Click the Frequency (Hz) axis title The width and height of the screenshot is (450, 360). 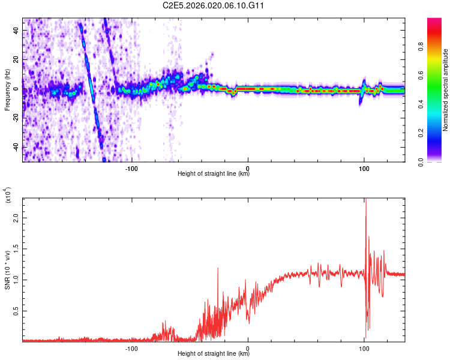(x=7, y=90)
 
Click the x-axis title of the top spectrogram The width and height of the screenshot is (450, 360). (x=214, y=174)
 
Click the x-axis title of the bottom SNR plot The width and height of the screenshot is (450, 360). (x=214, y=354)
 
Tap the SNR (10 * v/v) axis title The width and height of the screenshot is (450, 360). (x=7, y=270)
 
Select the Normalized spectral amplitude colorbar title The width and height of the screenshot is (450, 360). (x=445, y=90)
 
